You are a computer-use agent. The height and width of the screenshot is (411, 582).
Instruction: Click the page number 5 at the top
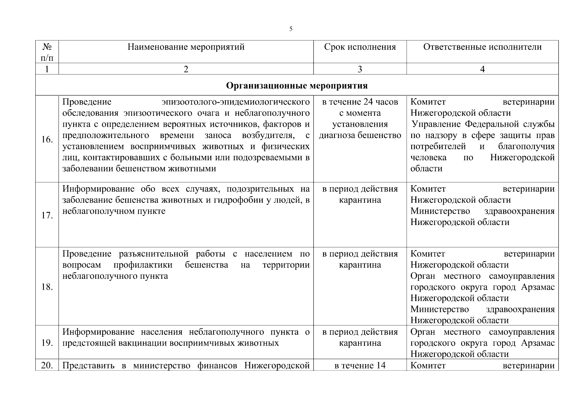(291, 29)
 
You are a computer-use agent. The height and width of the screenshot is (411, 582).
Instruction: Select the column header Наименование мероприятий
(186, 47)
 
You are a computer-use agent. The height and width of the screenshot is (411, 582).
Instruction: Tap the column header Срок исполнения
(360, 47)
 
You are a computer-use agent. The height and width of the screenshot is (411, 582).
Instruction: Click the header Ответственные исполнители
(482, 47)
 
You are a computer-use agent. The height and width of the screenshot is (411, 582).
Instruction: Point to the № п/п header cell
(47, 52)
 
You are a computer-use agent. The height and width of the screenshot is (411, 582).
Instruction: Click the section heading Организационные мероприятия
(297, 85)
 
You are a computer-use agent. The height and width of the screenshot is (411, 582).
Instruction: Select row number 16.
(47, 139)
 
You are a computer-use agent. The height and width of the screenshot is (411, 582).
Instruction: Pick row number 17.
(47, 215)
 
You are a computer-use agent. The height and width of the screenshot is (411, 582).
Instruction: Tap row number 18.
(47, 287)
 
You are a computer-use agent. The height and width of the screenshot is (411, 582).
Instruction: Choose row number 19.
(47, 343)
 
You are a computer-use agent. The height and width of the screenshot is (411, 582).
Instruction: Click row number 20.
(47, 365)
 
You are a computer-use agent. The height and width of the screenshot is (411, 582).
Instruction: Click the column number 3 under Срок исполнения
(360, 69)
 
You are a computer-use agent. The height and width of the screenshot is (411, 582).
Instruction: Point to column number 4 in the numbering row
(482, 69)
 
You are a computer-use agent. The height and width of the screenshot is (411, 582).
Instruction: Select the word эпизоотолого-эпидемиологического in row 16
(236, 102)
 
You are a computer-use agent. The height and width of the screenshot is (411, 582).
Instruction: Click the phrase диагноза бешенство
(360, 135)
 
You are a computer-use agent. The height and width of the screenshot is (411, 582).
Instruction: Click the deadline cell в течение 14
(360, 365)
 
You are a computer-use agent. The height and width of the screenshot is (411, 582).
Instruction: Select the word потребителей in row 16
(438, 147)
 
